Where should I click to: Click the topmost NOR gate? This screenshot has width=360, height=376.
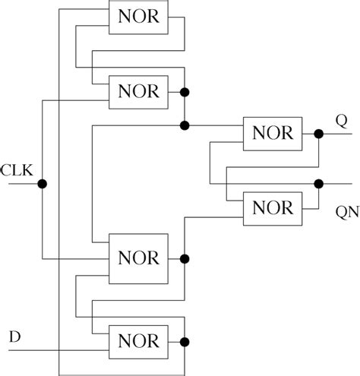(x=137, y=17)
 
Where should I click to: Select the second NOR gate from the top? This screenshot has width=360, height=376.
(x=137, y=91)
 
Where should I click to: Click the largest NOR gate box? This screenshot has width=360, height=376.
(x=137, y=258)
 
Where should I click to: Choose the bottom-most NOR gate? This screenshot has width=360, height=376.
(x=137, y=339)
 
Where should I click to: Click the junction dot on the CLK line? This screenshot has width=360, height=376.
(x=43, y=183)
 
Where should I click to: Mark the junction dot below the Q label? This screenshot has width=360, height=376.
(x=319, y=134)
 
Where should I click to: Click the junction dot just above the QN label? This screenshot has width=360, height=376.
(x=319, y=183)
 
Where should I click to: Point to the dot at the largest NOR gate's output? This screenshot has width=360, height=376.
(x=185, y=258)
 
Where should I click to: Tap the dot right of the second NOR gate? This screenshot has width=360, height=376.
(x=185, y=91)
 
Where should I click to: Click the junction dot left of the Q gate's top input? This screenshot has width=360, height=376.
(x=185, y=124)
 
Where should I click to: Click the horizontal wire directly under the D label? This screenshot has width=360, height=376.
(x=30, y=351)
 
